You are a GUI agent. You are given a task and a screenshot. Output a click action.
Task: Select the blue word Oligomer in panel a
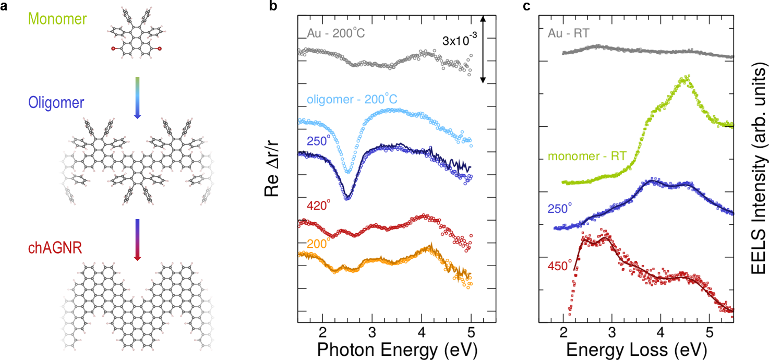pos(56,102)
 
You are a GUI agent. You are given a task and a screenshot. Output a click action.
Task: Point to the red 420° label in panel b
pos(319,205)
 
